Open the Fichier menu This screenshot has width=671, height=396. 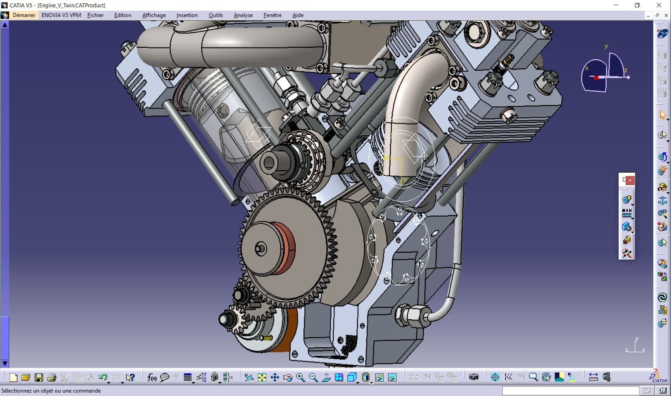click(95, 15)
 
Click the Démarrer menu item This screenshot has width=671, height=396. click(24, 15)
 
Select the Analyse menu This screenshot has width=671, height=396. click(243, 15)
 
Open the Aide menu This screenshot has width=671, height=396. click(298, 15)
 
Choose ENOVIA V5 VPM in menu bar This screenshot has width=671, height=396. click(61, 15)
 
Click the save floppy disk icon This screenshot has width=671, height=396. click(39, 377)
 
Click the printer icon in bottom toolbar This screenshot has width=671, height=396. click(52, 377)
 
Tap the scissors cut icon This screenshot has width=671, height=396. click(64, 377)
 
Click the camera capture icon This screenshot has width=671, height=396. click(474, 377)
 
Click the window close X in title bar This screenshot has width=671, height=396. click(659, 5)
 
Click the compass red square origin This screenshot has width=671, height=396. click(596, 77)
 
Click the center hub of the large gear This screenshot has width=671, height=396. click(260, 249)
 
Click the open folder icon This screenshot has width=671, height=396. click(26, 377)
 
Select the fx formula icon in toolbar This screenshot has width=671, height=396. click(151, 377)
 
